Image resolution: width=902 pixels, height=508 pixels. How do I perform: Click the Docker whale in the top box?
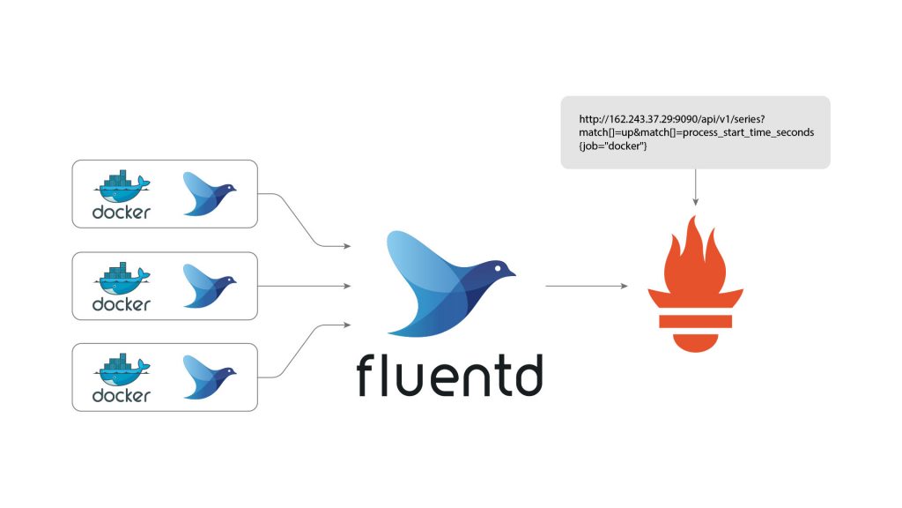click(122, 187)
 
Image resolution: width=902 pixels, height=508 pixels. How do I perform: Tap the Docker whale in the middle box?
click(122, 279)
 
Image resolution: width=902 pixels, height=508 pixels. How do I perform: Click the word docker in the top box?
click(122, 212)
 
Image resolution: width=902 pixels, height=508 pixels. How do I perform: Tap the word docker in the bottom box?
click(122, 395)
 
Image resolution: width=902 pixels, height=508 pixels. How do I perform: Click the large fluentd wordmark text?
click(449, 375)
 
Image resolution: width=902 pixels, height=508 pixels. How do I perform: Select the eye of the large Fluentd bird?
click(498, 267)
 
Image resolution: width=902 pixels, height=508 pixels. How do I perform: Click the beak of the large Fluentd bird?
click(511, 273)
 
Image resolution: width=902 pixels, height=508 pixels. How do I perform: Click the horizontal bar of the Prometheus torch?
click(696, 321)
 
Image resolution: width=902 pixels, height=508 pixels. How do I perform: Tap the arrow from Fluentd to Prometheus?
click(586, 286)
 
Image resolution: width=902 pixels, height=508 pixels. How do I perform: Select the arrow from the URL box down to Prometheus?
click(696, 187)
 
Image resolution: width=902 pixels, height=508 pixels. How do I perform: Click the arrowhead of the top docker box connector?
click(347, 246)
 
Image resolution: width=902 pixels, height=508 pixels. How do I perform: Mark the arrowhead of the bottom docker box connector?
click(347, 325)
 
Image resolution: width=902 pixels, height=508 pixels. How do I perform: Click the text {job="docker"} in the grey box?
click(613, 146)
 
